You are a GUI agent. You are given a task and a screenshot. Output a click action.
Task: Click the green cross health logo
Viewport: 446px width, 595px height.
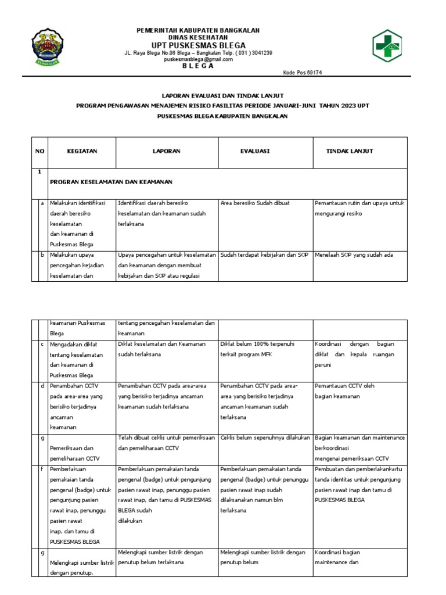(391, 46)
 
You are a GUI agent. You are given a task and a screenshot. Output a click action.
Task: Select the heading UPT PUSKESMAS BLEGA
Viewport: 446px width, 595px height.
(198, 45)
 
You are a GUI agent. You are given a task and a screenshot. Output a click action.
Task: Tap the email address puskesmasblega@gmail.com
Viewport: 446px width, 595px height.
(198, 59)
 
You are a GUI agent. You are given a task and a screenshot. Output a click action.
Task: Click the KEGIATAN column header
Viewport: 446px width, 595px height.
(82, 151)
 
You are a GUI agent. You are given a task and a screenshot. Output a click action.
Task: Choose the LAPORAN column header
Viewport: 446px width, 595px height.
(167, 151)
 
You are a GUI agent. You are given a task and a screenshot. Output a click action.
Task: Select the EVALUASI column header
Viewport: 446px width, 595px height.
(255, 151)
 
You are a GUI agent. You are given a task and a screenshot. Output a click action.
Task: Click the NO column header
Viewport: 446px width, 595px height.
(39, 151)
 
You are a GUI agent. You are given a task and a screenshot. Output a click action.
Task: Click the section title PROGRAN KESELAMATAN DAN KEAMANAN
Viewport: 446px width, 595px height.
(111, 182)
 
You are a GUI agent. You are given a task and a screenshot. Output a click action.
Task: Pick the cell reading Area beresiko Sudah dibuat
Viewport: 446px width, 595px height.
(255, 203)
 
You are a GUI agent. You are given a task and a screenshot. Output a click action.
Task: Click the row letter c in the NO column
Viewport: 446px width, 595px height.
(42, 344)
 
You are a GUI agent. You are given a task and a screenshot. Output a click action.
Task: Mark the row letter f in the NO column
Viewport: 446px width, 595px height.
(42, 468)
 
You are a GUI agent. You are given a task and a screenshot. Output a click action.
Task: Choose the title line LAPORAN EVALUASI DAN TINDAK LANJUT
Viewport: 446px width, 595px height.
(222, 95)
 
